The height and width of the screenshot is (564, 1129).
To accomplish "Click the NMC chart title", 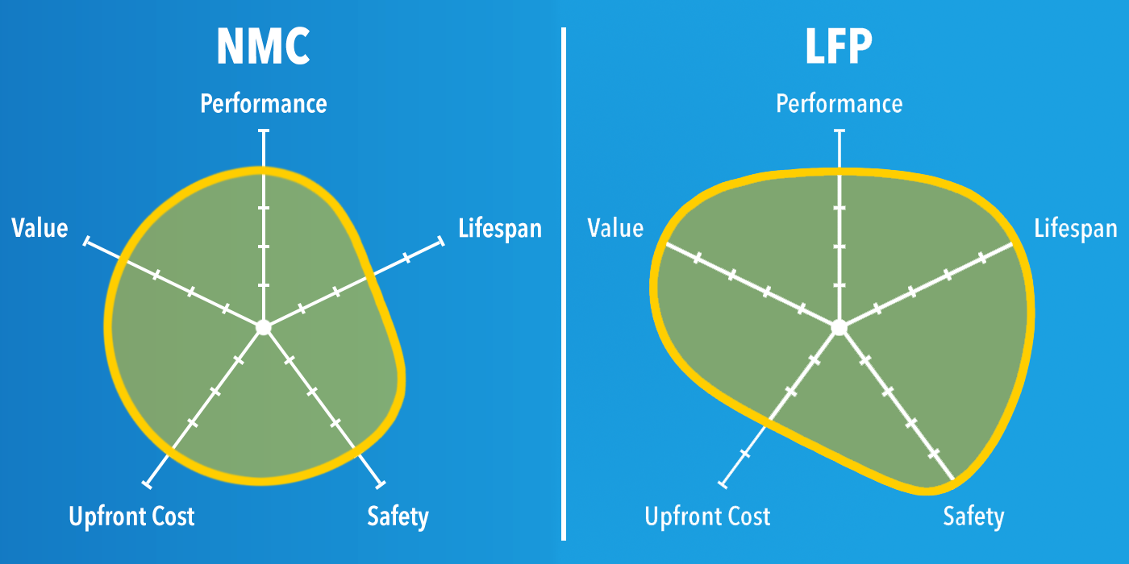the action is coord(263,46).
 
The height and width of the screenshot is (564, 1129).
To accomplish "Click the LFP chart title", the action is coord(839,46).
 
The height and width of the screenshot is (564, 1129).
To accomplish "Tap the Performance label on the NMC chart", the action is coord(264,104).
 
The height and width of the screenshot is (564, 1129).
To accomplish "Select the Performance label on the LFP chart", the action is coord(839,104).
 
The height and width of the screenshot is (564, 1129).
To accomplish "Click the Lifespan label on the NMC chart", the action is coord(500,229).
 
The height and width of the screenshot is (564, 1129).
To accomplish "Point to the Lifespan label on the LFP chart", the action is coord(1076,229).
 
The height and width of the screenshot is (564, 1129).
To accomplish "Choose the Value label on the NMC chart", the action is coord(40,227).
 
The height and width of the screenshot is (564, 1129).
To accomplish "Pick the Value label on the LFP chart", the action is coord(615,227).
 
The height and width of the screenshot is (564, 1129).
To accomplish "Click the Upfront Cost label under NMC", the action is coord(131,516).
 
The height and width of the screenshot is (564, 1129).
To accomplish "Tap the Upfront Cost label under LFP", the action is coord(708,516).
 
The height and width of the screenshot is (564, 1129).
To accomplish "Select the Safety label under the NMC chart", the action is coord(398,517).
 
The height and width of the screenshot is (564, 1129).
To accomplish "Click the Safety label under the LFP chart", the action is coord(974,517).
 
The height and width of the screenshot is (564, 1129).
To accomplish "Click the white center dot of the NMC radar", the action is coord(263,327).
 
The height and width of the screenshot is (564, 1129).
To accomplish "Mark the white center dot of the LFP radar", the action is coord(839,327).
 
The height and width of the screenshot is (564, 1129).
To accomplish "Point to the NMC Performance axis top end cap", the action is coord(264,131).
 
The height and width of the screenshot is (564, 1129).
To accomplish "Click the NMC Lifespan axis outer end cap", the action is coord(442,241).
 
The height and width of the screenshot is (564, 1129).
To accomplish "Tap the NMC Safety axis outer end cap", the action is coord(381,484).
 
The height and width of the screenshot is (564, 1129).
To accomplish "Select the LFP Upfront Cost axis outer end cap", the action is coord(723,484).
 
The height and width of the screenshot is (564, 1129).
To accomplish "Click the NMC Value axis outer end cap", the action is coord(86,241).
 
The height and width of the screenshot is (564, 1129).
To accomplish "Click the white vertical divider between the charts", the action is coord(564,284).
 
